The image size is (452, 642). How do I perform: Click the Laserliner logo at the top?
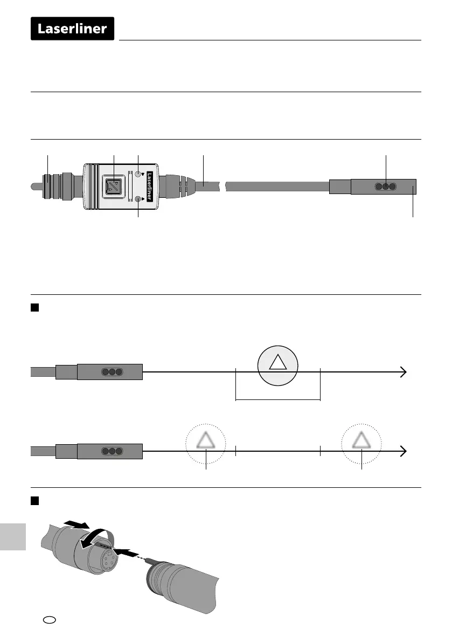73,29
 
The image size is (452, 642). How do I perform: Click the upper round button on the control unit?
139,175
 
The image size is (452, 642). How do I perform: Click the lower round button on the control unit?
139,199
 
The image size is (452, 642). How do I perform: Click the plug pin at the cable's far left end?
34,187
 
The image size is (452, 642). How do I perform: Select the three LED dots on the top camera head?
386,187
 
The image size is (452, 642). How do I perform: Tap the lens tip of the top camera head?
413,187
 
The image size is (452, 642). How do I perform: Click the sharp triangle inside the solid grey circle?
278,364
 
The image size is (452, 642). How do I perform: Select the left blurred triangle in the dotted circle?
206,443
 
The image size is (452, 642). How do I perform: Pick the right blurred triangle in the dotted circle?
361,443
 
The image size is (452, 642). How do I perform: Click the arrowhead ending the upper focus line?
402,372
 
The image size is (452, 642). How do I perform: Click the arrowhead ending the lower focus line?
402,451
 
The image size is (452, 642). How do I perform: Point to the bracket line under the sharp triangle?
278,400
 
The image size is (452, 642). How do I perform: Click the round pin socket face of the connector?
103,560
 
